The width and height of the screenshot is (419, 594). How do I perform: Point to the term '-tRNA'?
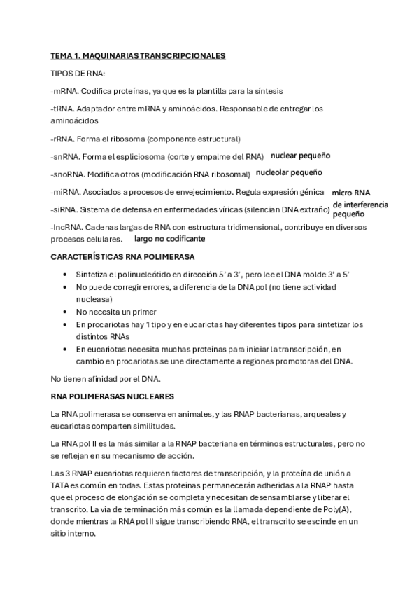coord(62,109)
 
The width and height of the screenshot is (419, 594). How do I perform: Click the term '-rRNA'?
coord(62,139)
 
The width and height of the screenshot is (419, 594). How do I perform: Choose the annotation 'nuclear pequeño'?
coord(300,156)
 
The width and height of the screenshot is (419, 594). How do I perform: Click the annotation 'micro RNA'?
coord(351,193)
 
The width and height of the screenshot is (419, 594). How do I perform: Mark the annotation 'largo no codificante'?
coord(169,239)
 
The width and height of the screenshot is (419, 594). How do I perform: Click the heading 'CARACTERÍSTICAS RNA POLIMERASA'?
coord(122,257)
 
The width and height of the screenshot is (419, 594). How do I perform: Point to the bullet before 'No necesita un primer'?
coord(65,312)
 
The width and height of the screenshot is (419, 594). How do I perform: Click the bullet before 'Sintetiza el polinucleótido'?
coord(65,275)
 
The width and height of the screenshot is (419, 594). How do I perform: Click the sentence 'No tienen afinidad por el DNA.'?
coord(106,378)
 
